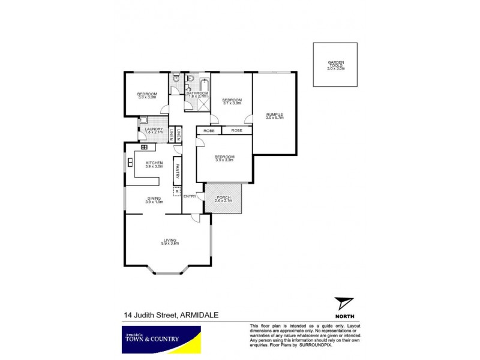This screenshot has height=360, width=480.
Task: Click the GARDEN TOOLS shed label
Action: pyautogui.click(x=335, y=65)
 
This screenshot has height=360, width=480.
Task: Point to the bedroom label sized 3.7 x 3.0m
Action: pyautogui.click(x=232, y=101)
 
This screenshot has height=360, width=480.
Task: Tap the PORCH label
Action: pyautogui.click(x=223, y=197)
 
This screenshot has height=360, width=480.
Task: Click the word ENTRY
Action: pyautogui.click(x=190, y=196)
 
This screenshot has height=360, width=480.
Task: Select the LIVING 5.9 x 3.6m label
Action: pyautogui.click(x=169, y=241)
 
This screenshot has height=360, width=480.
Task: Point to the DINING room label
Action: pyautogui.click(x=154, y=200)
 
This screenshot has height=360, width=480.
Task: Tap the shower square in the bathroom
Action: pyautogui.click(x=204, y=104)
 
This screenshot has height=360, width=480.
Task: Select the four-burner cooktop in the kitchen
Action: pyautogui.click(x=144, y=148)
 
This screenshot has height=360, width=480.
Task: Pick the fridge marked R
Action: pyautogui.click(x=177, y=191)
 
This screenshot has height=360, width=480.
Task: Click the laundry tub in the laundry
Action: pyautogui.click(x=143, y=121)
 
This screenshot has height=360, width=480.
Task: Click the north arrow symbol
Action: pyautogui.click(x=344, y=304)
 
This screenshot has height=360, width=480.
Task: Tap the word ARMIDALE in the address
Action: pyautogui.click(x=196, y=314)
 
